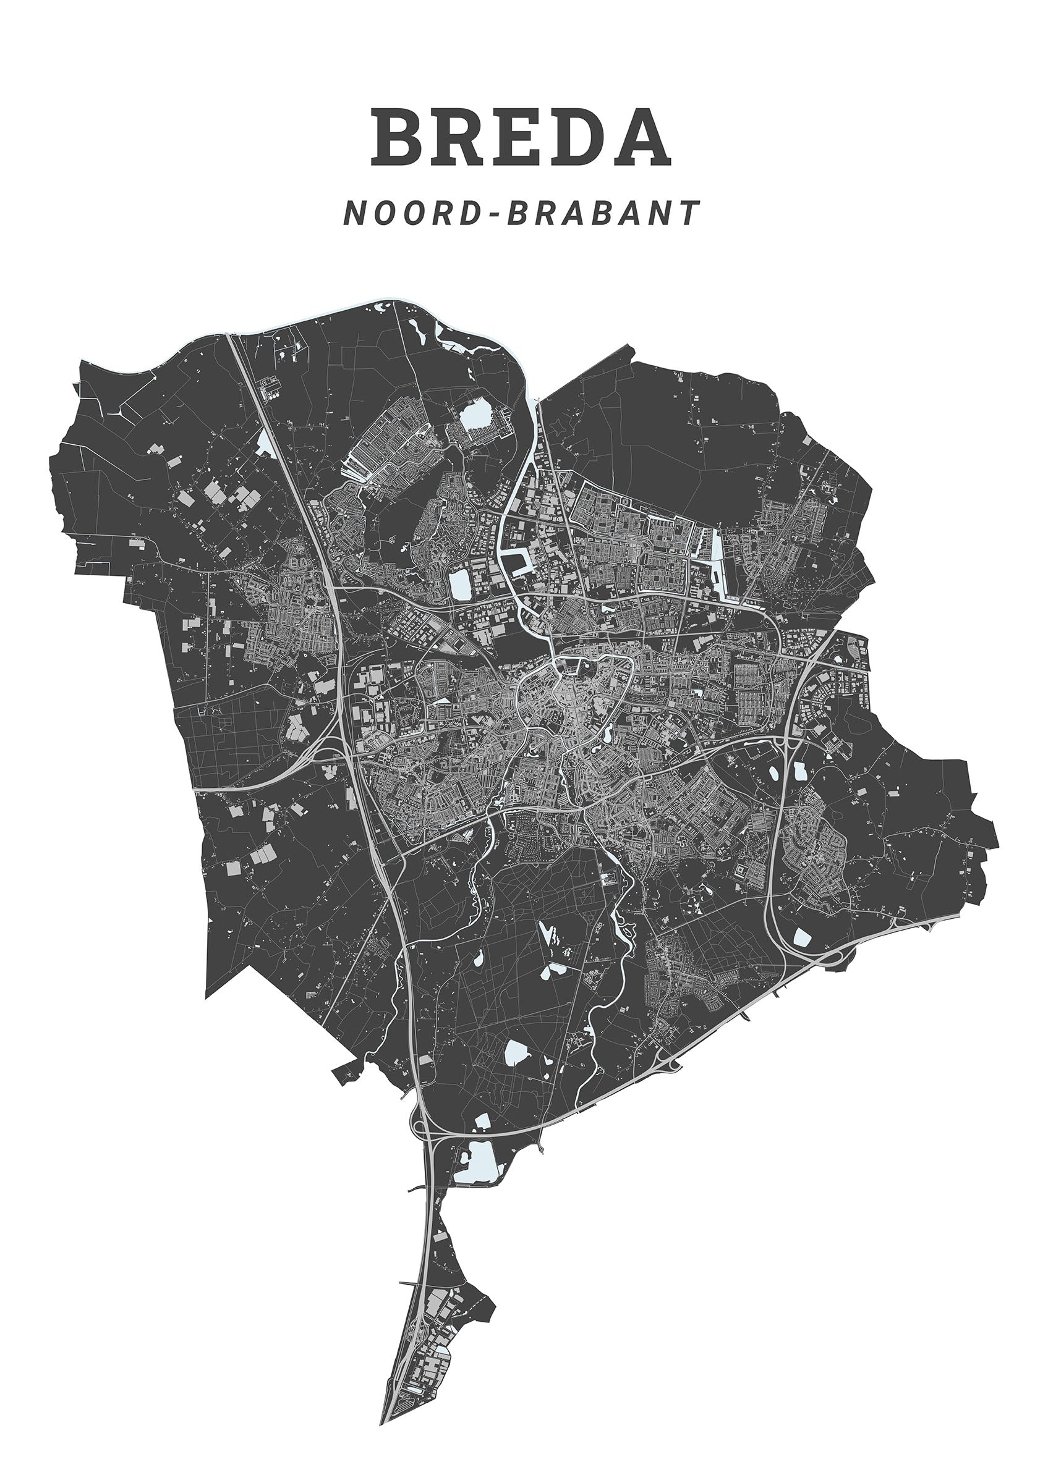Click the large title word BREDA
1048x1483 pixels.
[x=520, y=138]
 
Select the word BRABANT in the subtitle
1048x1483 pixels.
[x=604, y=213]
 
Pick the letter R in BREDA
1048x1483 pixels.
[x=461, y=138]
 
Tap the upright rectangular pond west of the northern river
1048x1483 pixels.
[x=461, y=584]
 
